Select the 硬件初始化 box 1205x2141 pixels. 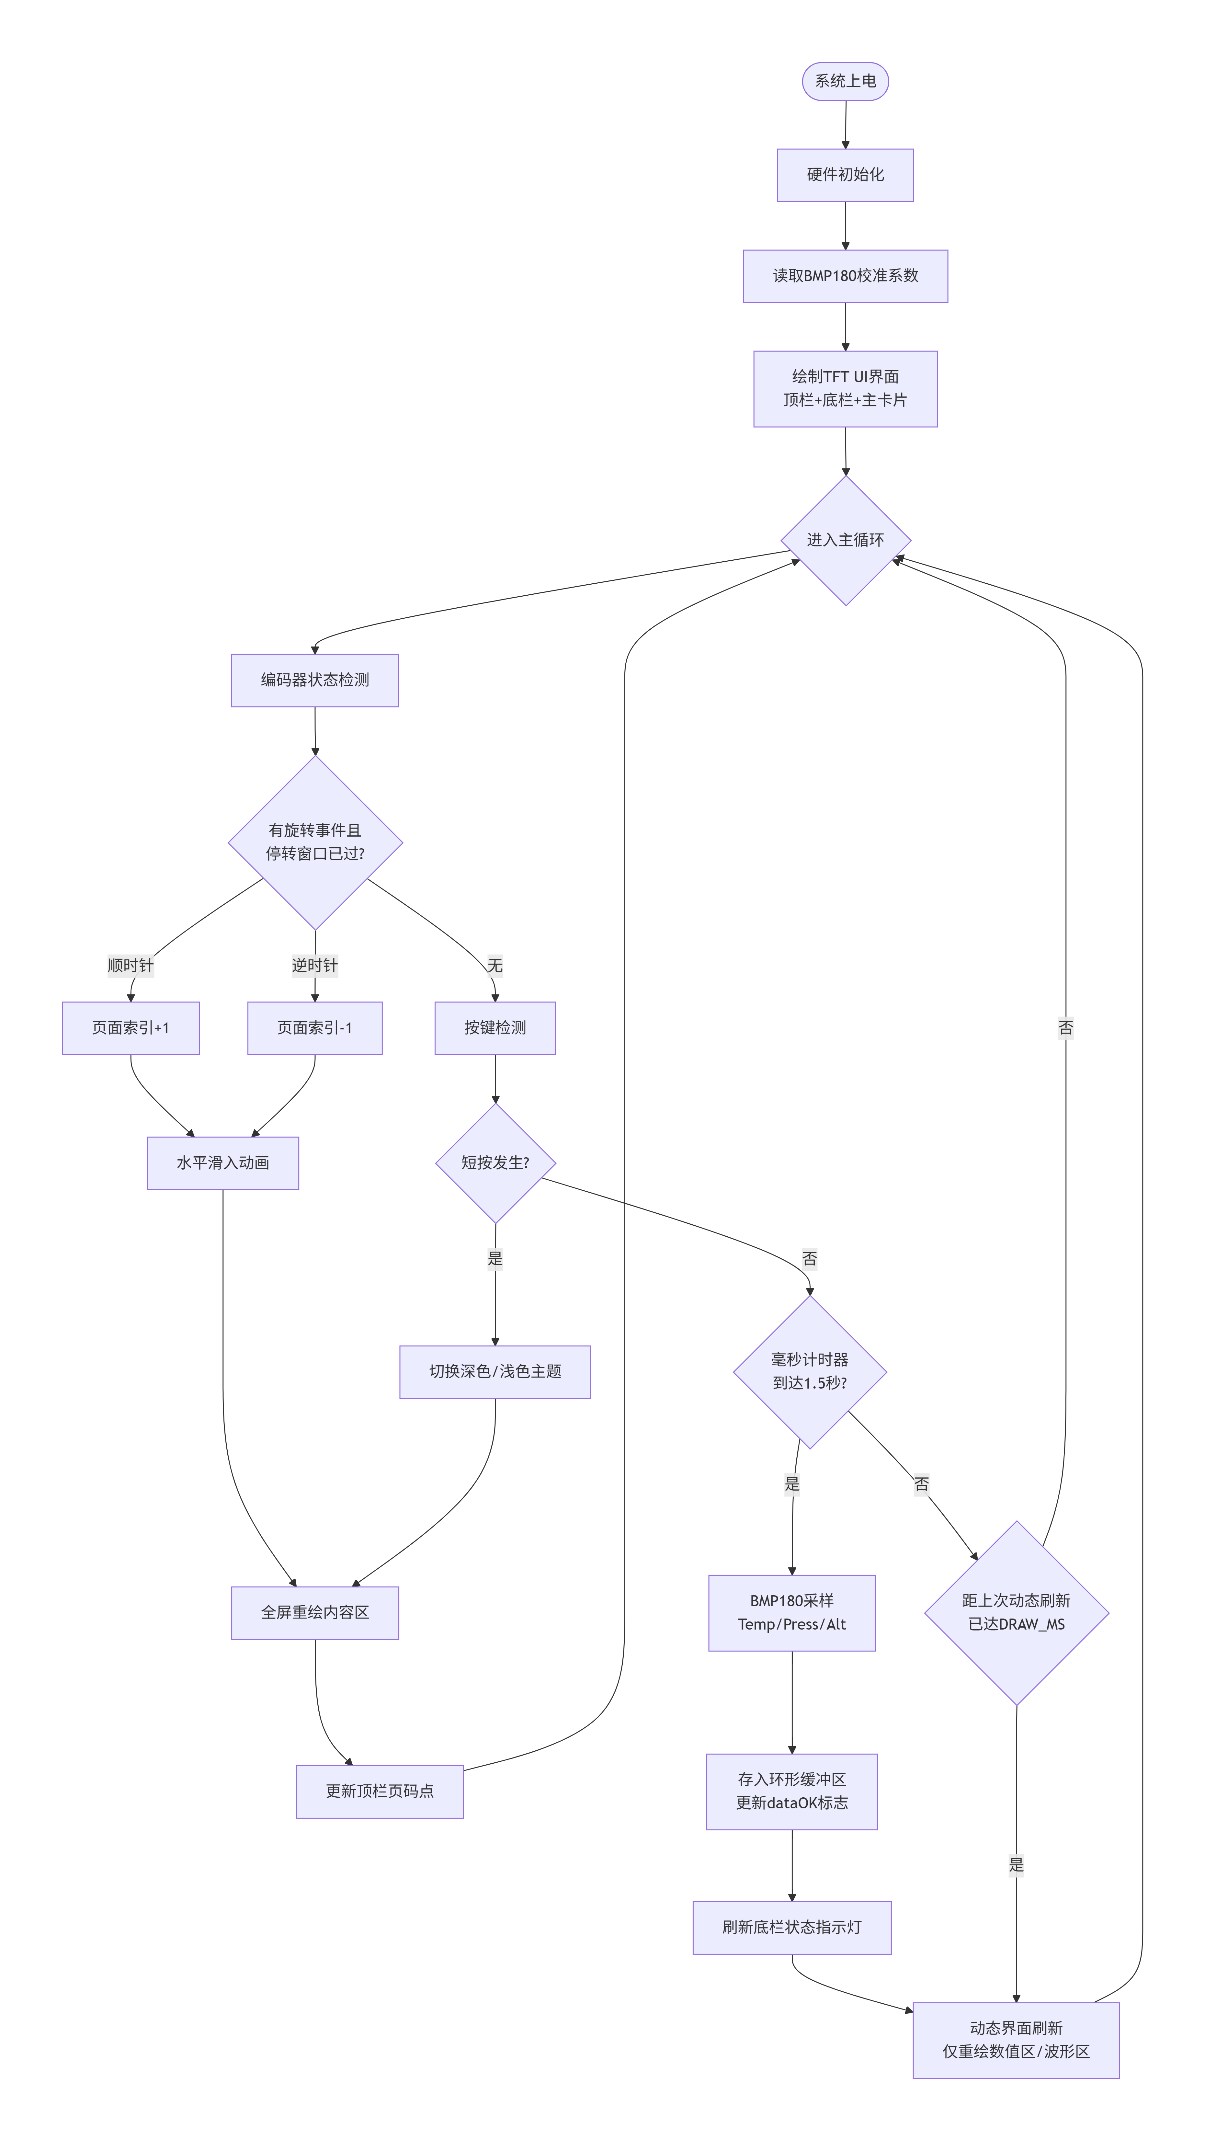(x=845, y=175)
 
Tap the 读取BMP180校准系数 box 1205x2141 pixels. (x=845, y=276)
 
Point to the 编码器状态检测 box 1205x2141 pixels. (x=315, y=680)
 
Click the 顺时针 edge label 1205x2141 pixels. (x=131, y=965)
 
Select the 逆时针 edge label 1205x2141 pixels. (x=315, y=965)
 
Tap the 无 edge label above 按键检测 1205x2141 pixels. (x=495, y=965)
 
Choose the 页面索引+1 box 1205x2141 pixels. (x=131, y=1028)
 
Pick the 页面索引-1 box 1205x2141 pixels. (x=315, y=1028)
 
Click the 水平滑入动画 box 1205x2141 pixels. (x=223, y=1163)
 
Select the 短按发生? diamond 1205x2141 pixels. (x=495, y=1163)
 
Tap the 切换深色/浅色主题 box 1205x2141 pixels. (x=495, y=1371)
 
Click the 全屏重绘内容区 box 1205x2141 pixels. (x=315, y=1612)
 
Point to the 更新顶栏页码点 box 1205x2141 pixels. (x=380, y=1791)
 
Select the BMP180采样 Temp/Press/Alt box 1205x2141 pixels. (x=792, y=1612)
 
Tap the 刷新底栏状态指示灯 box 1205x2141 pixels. (x=792, y=1928)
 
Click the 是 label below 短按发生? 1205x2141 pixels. (x=495, y=1258)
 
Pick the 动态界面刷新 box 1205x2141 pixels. (x=1016, y=2040)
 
